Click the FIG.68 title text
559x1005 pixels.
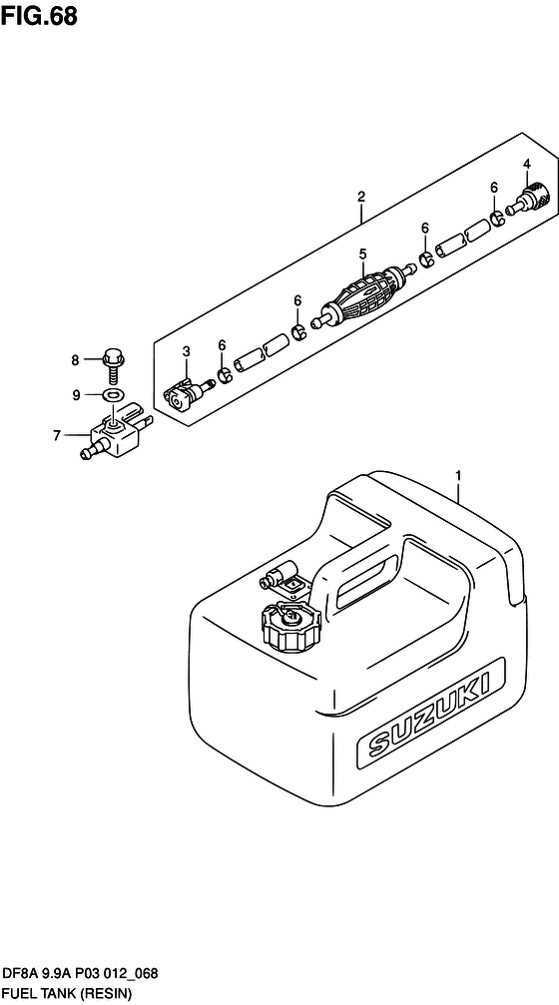point(39,15)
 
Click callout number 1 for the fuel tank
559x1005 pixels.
point(458,475)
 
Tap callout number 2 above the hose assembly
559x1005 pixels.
point(361,197)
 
